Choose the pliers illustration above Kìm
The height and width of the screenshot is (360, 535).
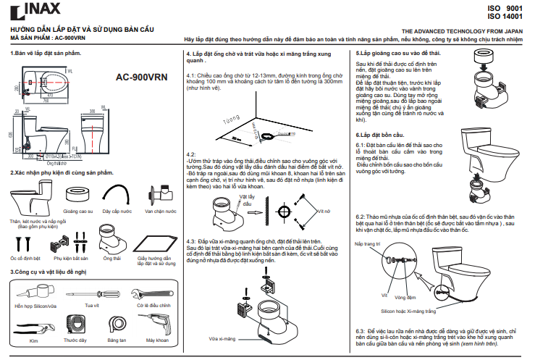point(33,324)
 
